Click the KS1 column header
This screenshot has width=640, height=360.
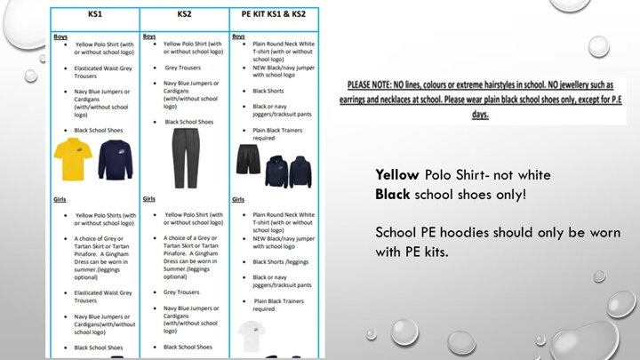tap(94, 16)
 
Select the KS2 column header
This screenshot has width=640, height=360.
tap(185, 16)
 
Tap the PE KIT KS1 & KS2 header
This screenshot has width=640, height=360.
tap(274, 16)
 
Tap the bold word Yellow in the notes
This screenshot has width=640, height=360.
tap(396, 174)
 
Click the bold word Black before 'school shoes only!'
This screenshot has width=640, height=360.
tap(393, 192)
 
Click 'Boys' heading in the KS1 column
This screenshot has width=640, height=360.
tap(61, 36)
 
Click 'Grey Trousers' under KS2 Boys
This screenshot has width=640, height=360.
tap(184, 67)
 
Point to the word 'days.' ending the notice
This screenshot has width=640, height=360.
tap(481, 114)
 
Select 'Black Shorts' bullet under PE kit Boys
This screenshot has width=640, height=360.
tap(270, 91)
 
